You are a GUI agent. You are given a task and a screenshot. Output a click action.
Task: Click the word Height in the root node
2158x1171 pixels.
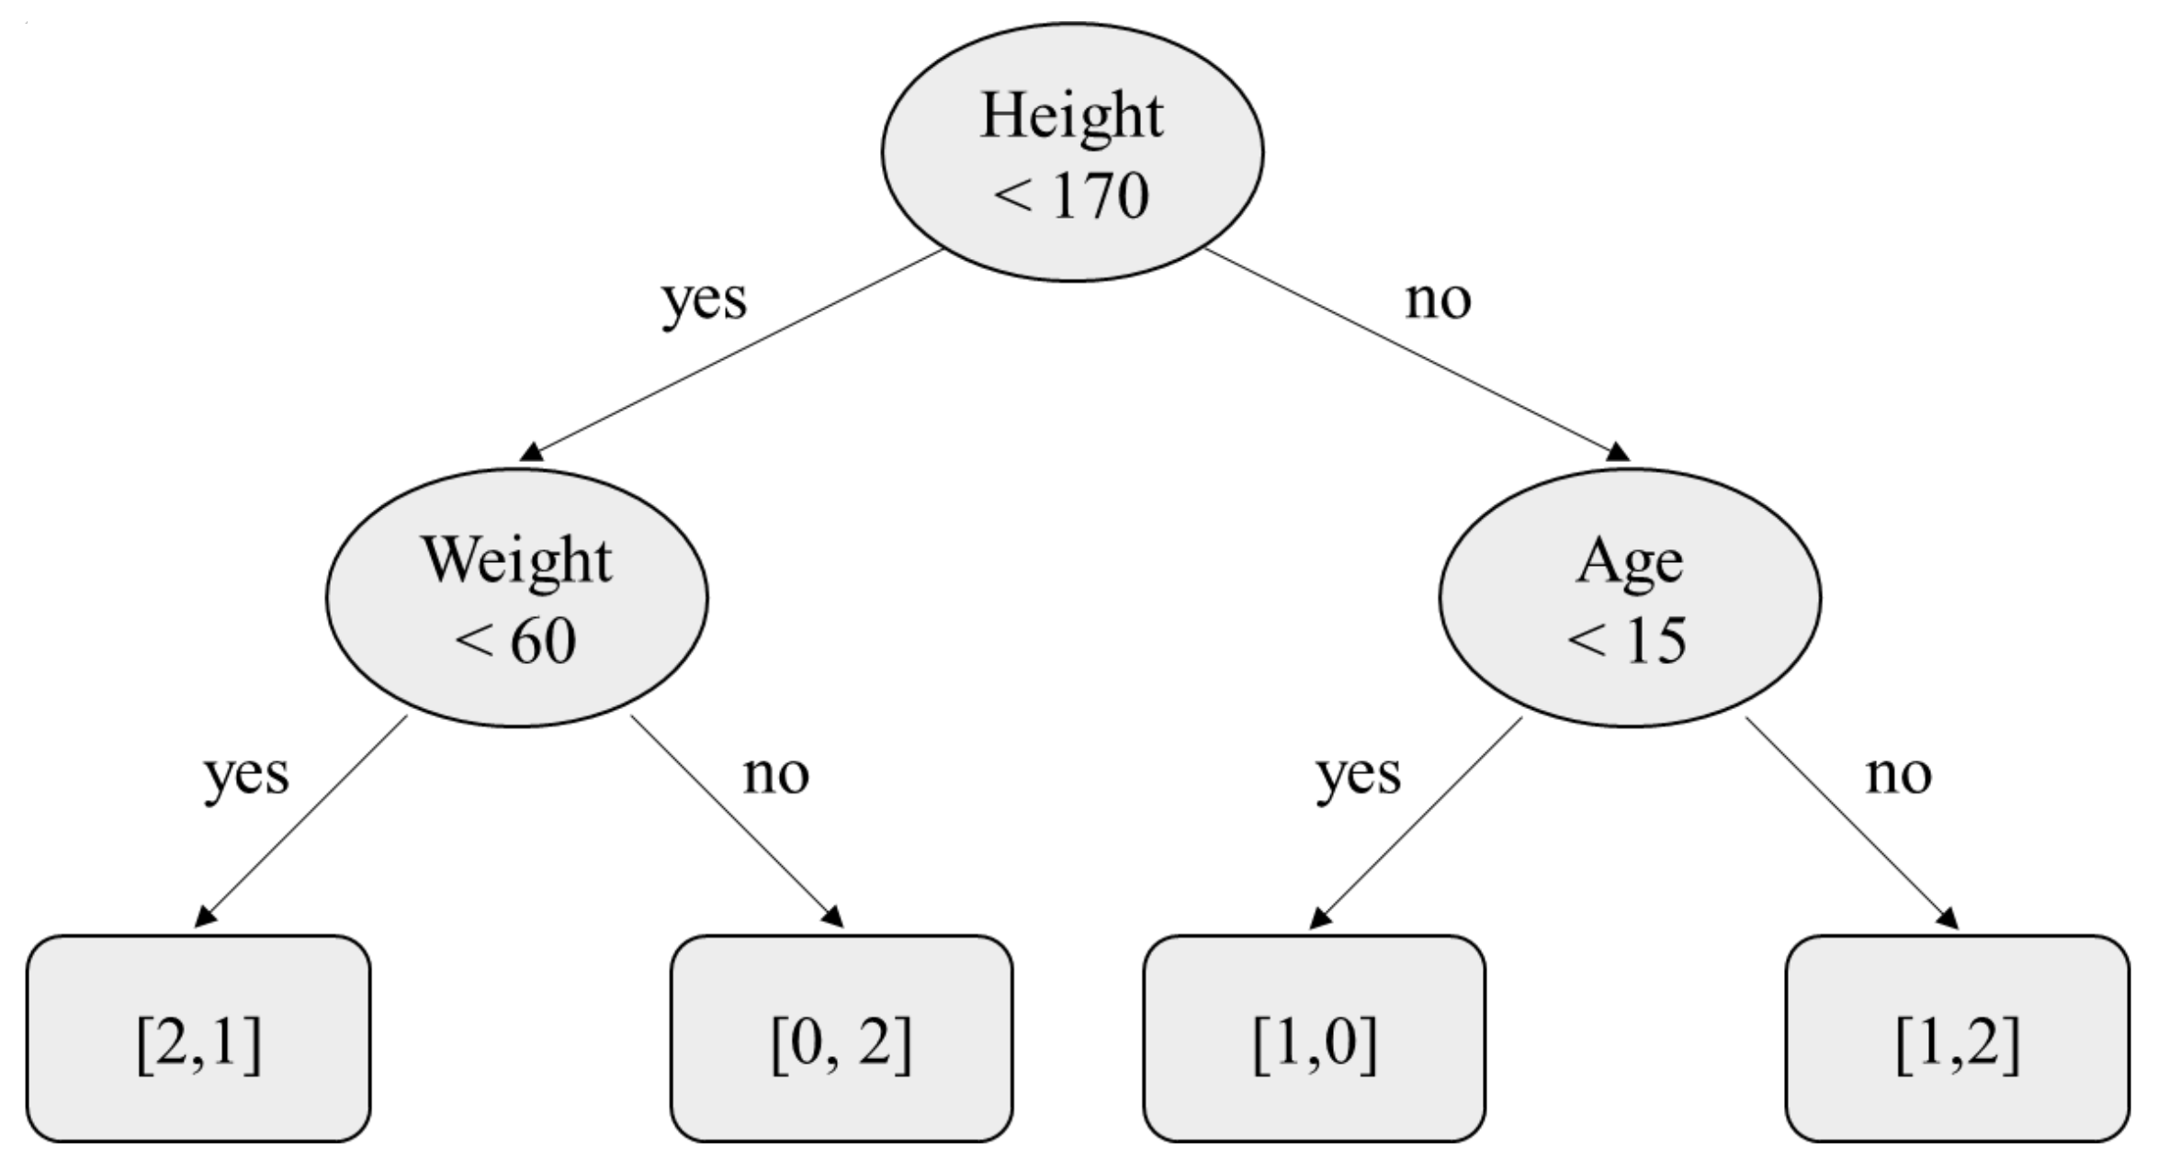[1071, 117]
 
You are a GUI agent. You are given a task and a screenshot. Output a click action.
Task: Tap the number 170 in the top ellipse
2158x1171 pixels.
[1101, 196]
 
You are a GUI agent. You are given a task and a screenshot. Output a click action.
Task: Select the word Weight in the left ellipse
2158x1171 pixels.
[516, 560]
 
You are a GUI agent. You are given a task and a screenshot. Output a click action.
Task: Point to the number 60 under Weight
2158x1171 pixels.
[543, 640]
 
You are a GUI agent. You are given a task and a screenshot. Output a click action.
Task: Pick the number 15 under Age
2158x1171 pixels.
[1655, 640]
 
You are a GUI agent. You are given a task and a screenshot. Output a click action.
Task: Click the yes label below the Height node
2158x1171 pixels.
[705, 301]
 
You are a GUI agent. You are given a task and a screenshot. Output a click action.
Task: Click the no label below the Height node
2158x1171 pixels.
[1438, 299]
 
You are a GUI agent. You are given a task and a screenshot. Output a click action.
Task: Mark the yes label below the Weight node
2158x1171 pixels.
[246, 776]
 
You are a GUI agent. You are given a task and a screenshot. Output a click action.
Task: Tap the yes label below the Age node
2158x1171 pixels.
[1359, 776]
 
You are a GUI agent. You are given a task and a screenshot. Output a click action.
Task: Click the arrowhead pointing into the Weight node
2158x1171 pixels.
[532, 452]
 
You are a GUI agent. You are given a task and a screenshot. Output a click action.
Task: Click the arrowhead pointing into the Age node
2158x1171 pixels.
[1618, 452]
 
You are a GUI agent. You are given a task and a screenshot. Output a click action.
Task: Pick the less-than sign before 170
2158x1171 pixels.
[1013, 197]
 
